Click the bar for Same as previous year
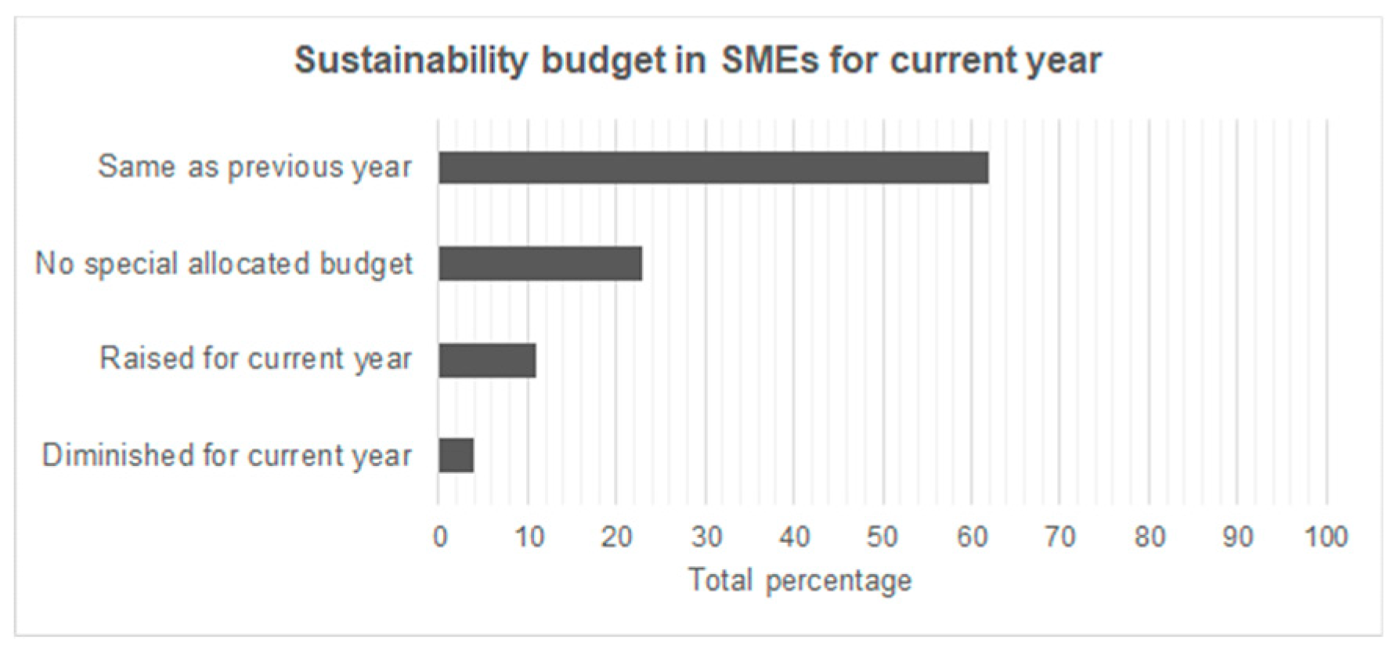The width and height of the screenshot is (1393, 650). click(713, 168)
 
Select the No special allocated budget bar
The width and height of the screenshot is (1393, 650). click(540, 263)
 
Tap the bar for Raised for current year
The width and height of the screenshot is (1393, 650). click(487, 360)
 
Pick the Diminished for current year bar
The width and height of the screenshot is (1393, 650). click(456, 456)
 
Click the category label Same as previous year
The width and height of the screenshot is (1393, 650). click(254, 167)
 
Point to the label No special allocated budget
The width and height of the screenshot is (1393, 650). click(224, 264)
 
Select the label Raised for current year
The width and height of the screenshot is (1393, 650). click(255, 359)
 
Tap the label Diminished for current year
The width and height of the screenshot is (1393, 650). click(226, 455)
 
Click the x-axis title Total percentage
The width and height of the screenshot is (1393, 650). click(799, 581)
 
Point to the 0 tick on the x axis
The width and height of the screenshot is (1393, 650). click(440, 537)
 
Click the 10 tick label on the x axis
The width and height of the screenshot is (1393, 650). click(529, 537)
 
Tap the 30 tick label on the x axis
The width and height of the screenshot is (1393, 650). click(706, 537)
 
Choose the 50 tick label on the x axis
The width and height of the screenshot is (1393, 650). click(882, 537)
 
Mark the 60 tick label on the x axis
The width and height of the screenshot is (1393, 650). click(972, 537)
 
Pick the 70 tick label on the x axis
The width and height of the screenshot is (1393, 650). click(1060, 537)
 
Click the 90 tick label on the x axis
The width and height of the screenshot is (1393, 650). click(1238, 537)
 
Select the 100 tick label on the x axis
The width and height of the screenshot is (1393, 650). click(1325, 537)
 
